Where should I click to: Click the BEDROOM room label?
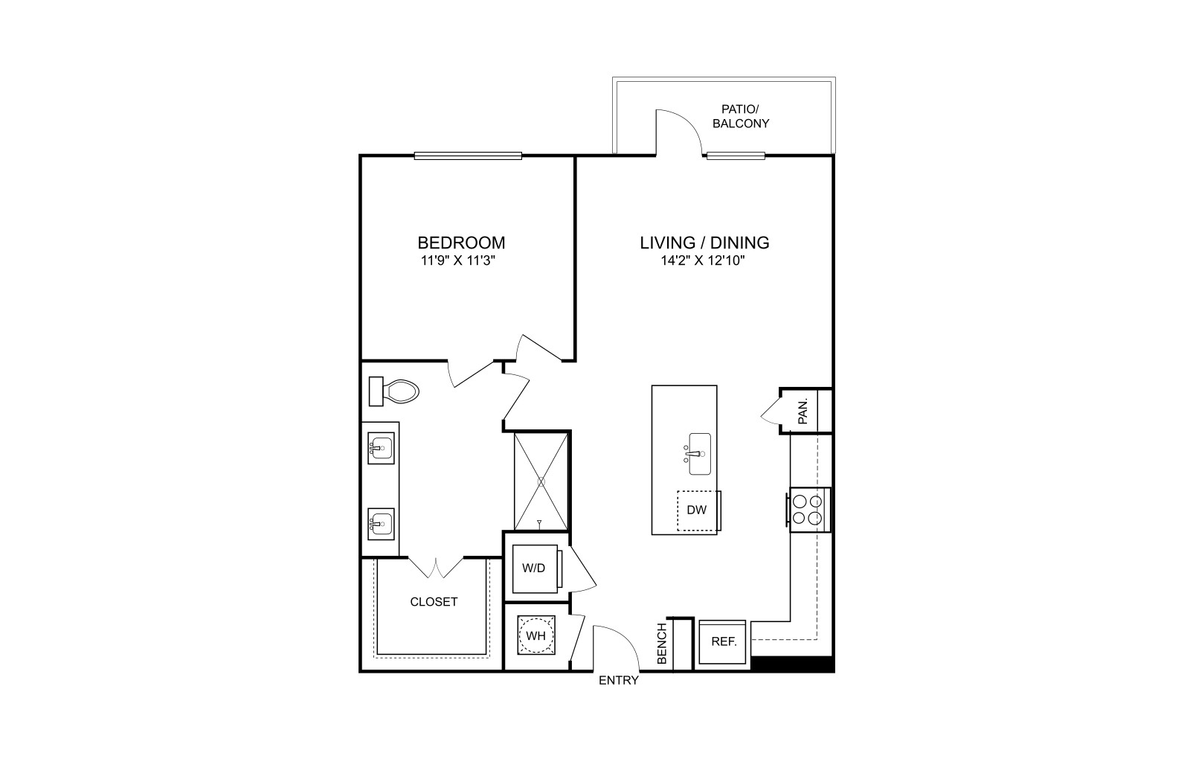tap(461, 243)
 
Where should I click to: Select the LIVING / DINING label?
tap(704, 243)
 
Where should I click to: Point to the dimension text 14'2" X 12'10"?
tap(703, 261)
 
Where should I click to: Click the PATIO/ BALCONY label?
tap(741, 116)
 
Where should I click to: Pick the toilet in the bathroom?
tap(393, 391)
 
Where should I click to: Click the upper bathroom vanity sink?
tap(381, 448)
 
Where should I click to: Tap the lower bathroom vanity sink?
tap(381, 524)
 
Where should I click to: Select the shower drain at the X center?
tap(541, 482)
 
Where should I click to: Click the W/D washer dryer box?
tap(536, 569)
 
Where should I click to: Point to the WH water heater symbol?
tap(536, 635)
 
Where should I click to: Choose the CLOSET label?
tap(434, 602)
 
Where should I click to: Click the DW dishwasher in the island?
tap(698, 510)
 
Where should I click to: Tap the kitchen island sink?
tap(699, 454)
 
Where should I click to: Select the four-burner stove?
tap(808, 510)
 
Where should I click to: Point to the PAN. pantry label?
tap(803, 411)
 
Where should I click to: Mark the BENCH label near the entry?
tap(662, 644)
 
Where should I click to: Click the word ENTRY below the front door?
tap(619, 680)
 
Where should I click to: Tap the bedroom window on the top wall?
tap(468, 156)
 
